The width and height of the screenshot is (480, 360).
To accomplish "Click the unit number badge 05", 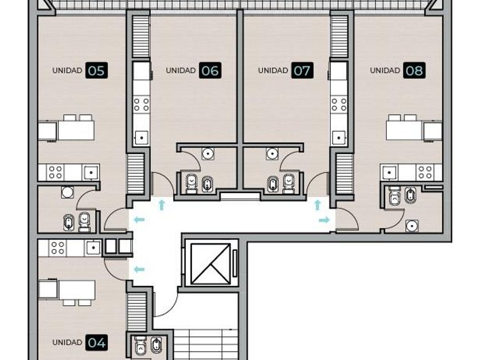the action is pos(97,70).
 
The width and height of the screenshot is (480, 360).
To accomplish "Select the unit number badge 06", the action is pos(210,70).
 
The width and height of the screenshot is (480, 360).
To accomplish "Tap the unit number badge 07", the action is pos(302,70).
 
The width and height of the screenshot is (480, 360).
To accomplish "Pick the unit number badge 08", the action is pos(414,70).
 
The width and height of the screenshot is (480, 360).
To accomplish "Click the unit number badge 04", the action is pos(97,342).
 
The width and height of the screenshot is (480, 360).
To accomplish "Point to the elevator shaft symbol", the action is pos(211,263).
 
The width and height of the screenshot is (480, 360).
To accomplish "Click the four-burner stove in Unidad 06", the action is pos(142,105).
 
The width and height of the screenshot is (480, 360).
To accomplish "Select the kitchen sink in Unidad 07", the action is pos(339,138).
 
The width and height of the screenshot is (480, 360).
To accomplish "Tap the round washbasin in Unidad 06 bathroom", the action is pos(208,154).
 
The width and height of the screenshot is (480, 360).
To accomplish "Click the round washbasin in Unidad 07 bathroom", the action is pos(272,154).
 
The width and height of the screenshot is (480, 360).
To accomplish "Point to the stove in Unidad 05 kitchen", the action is pos(55,172).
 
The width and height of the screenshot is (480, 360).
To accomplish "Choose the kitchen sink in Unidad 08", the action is pos(389,173).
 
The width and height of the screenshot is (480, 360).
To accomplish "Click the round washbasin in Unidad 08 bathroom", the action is pos(412,226).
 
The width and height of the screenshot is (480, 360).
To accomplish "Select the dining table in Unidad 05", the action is pos(76,130).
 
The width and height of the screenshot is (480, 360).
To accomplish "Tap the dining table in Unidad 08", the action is pos(405,130).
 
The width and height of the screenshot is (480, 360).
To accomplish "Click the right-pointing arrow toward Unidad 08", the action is pos(324,220).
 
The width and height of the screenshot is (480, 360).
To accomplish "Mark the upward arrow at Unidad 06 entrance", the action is pos(162,205).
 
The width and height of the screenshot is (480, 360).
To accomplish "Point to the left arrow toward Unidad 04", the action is pos(139,270).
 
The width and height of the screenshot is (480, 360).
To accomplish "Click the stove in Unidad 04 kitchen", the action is pos(58,248).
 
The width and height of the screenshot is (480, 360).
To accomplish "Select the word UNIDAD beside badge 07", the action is pos(273,70).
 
